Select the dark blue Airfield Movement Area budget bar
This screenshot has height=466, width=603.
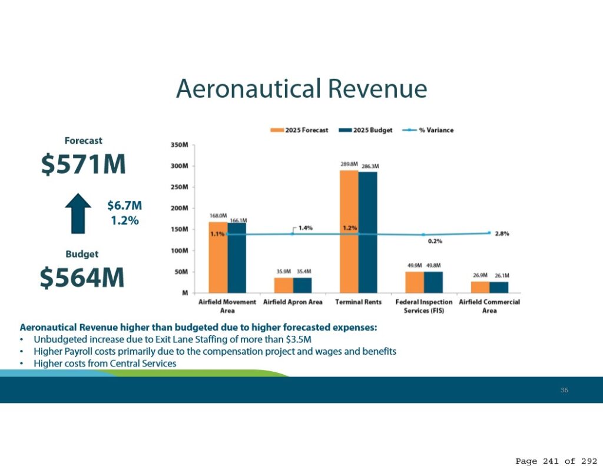237,257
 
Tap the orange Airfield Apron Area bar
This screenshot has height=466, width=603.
283,285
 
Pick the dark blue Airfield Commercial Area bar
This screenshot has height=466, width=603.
499,287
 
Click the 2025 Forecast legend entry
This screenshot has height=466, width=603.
300,130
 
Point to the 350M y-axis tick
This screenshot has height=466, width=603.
180,145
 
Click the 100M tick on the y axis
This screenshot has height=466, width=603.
180,251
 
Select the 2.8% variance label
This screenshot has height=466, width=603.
502,234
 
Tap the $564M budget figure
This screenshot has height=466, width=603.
82,277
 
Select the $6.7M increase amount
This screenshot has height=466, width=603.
124,206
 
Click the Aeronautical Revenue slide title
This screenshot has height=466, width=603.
301,89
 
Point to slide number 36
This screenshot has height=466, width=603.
564,390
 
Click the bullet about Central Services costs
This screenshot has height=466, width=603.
105,363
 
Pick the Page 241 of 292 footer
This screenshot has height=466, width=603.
555,460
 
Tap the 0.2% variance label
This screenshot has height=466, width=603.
435,241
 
